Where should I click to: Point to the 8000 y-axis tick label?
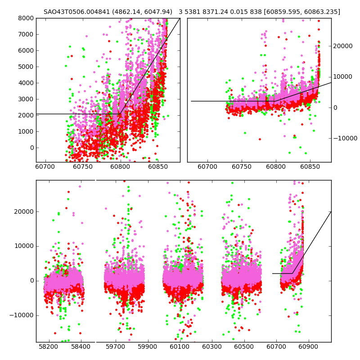coord(25,18)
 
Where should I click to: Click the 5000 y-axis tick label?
coord(25,67)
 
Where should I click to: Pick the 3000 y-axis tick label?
coord(25,99)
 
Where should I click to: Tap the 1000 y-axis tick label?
coord(25,131)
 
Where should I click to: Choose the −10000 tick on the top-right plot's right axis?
coord(345,138)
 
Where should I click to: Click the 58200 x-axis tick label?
coord(48,347)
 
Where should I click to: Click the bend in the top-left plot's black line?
coord(120,114)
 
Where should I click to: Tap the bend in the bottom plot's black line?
coord(292,273)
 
